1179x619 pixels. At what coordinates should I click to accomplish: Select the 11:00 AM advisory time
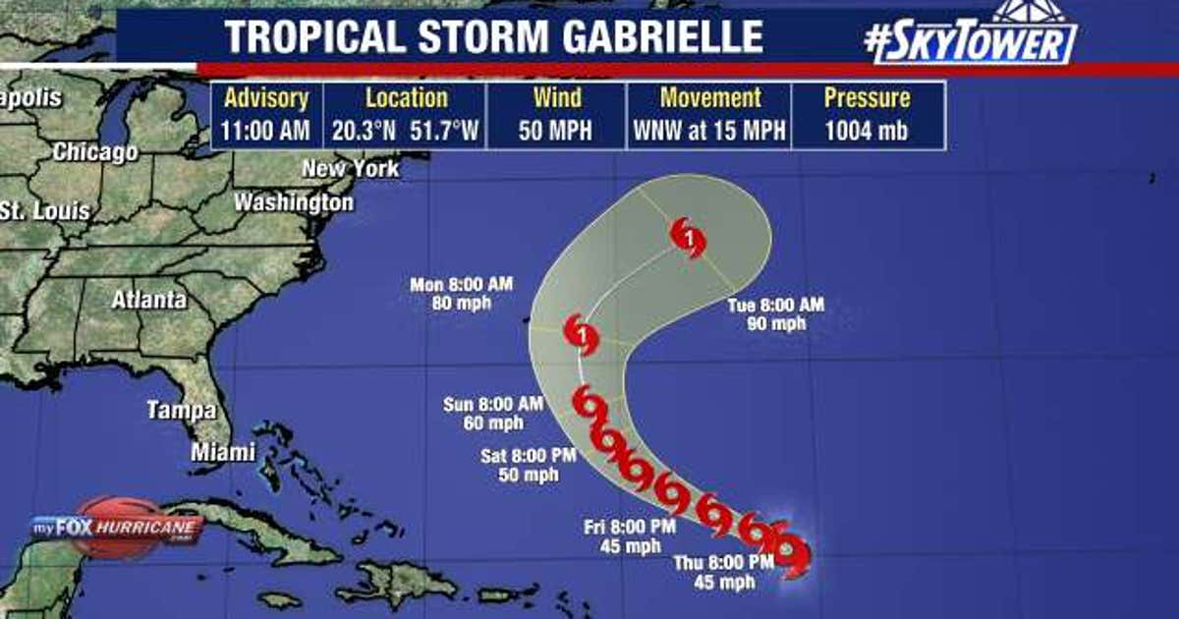pyautogui.click(x=266, y=131)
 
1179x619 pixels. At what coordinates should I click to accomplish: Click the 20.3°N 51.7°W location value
pyautogui.click(x=405, y=131)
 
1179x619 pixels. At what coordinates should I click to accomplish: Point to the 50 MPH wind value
pyautogui.click(x=557, y=131)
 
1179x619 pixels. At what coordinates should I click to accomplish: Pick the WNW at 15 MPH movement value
pyautogui.click(x=709, y=131)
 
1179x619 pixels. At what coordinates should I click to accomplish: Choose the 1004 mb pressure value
pyautogui.click(x=866, y=131)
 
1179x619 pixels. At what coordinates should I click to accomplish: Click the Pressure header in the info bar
pyautogui.click(x=867, y=98)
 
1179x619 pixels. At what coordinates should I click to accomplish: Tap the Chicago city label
pyautogui.click(x=95, y=153)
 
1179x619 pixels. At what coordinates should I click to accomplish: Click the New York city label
pyautogui.click(x=350, y=169)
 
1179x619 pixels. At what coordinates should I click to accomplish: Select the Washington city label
pyautogui.click(x=293, y=202)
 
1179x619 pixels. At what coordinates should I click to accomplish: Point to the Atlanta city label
pyautogui.click(x=148, y=300)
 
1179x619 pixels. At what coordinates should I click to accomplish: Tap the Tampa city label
pyautogui.click(x=182, y=410)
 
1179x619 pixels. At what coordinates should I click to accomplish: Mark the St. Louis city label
pyautogui.click(x=44, y=210)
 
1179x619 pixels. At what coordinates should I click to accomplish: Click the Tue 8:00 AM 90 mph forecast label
pyautogui.click(x=775, y=313)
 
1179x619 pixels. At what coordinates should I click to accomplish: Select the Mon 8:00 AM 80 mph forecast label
pyautogui.click(x=462, y=293)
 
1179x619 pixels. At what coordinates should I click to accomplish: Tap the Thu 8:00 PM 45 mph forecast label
pyautogui.click(x=723, y=572)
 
